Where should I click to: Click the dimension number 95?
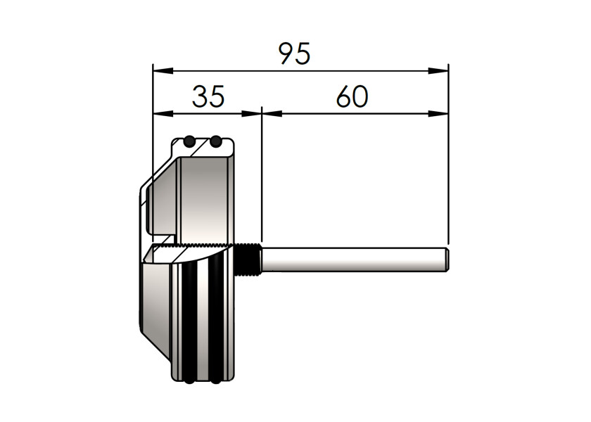(x=294, y=53)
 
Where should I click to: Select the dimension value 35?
(x=208, y=96)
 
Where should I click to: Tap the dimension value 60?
(x=352, y=96)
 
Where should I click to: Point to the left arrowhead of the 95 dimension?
(x=163, y=70)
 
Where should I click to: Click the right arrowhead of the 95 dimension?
(x=438, y=70)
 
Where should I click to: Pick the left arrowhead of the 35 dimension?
(x=163, y=113)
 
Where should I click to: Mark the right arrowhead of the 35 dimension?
(x=251, y=113)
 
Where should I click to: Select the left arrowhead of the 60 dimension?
(x=272, y=113)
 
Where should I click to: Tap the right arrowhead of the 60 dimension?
(x=438, y=113)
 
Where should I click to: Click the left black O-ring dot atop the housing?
(x=189, y=141)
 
